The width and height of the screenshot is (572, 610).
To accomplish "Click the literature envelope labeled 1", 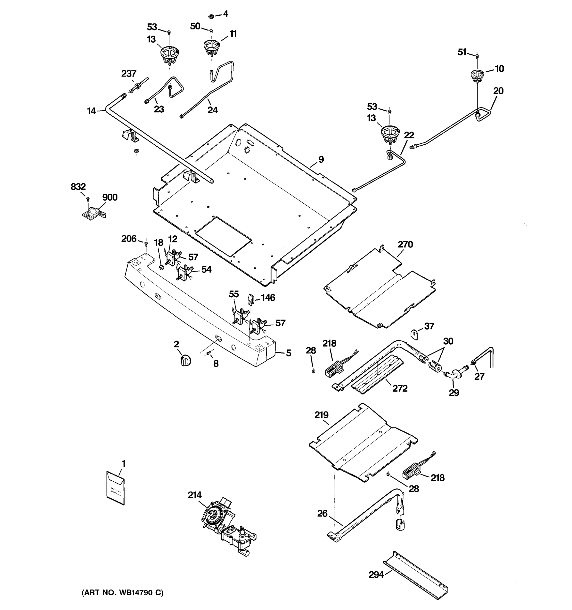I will point(115,488).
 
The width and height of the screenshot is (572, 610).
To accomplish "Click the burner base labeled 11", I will point(212,48).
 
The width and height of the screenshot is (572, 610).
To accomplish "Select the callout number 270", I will point(405,245).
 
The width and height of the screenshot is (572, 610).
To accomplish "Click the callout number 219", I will point(321,415).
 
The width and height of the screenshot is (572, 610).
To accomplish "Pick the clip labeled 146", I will point(251,299).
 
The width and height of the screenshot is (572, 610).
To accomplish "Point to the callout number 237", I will point(129,74).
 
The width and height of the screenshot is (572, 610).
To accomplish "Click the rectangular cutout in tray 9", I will point(223,236).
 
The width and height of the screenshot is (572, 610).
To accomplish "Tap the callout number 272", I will point(400,388).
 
